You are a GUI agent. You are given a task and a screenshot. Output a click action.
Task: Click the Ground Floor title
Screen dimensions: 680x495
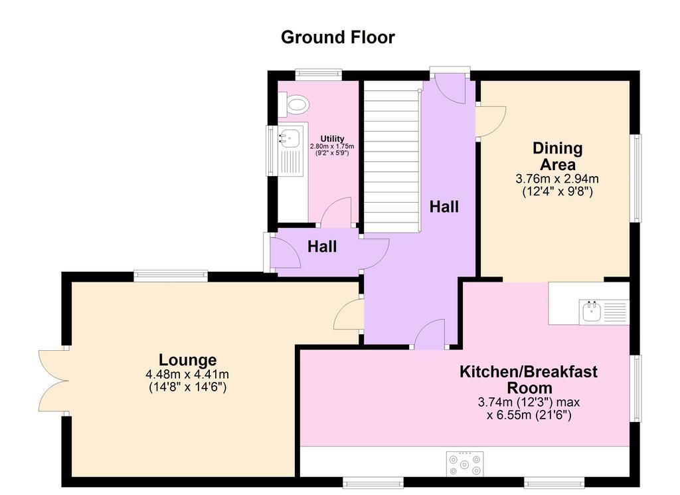pyautogui.click(x=338, y=37)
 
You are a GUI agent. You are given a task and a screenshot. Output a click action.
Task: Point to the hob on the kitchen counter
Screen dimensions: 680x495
pyautogui.click(x=465, y=464)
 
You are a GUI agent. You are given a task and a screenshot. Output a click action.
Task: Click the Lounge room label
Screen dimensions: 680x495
pyautogui.click(x=188, y=359)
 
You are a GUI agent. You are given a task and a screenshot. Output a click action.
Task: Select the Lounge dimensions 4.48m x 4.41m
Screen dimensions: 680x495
pyautogui.click(x=188, y=374)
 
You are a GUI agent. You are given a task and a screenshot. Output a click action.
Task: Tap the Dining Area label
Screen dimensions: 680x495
pyautogui.click(x=558, y=156)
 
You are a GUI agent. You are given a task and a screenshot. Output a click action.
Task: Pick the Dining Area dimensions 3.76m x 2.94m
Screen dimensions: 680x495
pyautogui.click(x=557, y=178)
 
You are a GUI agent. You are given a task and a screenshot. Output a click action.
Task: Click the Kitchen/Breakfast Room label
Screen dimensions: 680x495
pyautogui.click(x=529, y=379)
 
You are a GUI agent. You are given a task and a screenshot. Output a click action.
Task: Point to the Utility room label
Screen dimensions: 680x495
pyautogui.click(x=332, y=139)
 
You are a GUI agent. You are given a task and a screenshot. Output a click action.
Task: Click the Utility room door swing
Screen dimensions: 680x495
pyautogui.click(x=336, y=212)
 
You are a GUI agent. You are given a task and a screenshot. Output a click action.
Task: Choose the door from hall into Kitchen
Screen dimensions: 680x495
pyautogui.click(x=430, y=334)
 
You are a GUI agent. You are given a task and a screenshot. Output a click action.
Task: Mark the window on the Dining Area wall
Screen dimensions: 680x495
pyautogui.click(x=636, y=178)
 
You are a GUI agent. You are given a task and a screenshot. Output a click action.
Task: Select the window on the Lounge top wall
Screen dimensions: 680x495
pyautogui.click(x=171, y=276)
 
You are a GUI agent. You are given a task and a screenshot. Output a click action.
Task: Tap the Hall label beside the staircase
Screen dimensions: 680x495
pyautogui.click(x=444, y=207)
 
